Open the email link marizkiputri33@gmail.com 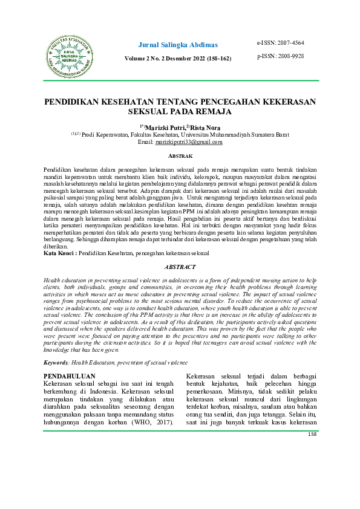coord(189,142)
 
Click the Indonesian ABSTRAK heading coord(180,155)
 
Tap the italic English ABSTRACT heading coord(180,266)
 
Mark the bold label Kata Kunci coord(59,253)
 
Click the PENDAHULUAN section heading coord(71,376)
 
